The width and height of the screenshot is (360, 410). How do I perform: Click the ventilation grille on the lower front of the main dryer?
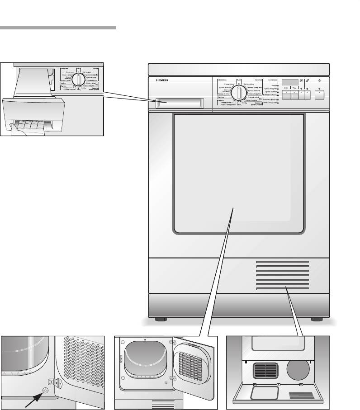coord(282,275)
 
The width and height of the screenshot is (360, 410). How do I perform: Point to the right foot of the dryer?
coord(314,320)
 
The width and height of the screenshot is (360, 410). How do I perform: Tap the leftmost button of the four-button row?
coord(286,95)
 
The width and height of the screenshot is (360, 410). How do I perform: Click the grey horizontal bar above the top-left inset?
coord(58,28)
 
